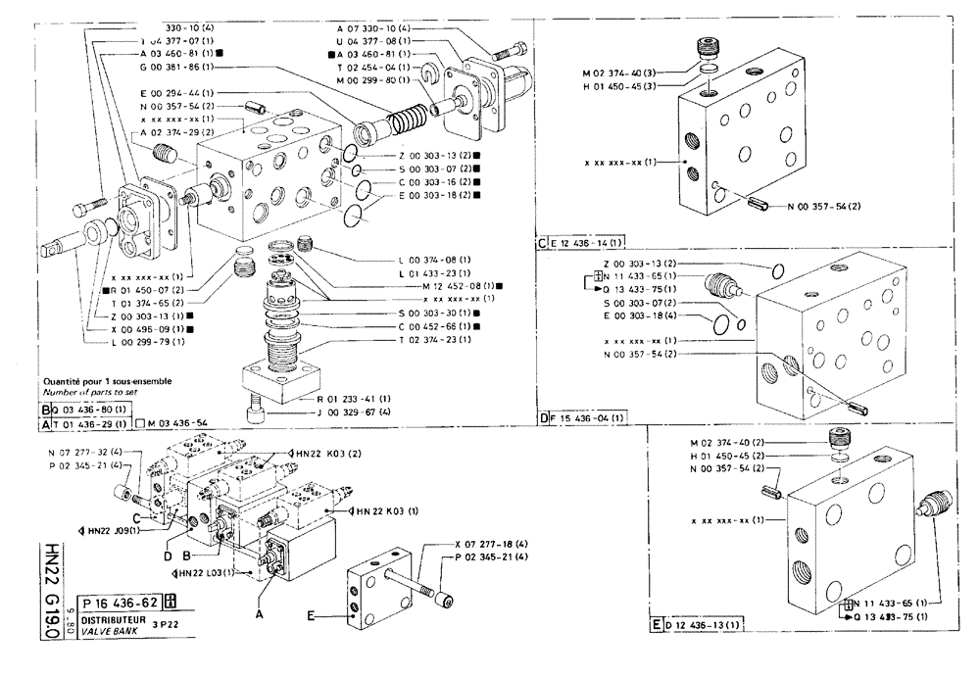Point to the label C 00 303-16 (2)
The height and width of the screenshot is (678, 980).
pos(440,181)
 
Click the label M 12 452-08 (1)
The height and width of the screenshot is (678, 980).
pos(452,285)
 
